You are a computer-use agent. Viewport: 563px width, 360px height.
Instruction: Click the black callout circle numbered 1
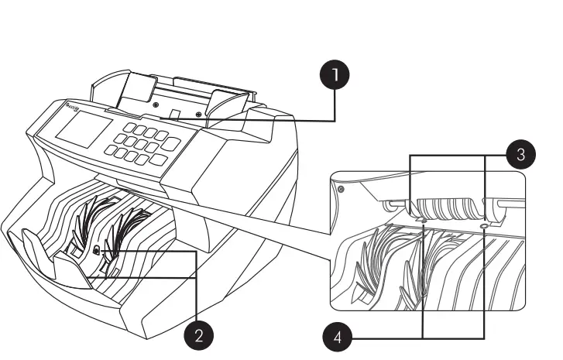[x=335, y=76]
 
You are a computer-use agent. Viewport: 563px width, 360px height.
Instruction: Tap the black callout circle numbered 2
[x=199, y=334]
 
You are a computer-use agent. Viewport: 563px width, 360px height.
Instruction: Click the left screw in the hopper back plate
[x=156, y=104]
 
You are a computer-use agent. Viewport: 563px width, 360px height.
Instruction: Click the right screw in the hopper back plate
[x=199, y=114]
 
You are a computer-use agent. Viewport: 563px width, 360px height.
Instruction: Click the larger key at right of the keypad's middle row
[x=171, y=143]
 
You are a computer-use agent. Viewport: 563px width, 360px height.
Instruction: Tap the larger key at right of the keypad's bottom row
[x=158, y=159]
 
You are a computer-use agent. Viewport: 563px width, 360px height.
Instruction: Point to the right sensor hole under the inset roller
[x=484, y=226]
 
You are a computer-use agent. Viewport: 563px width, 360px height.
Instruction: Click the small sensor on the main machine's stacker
[x=95, y=251]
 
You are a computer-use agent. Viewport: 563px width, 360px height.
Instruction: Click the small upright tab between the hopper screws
[x=177, y=115]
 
